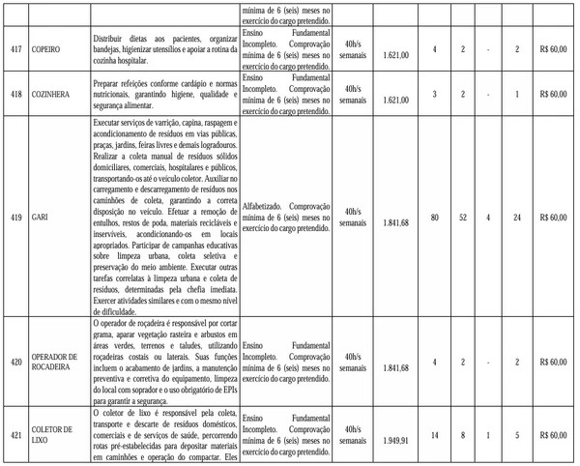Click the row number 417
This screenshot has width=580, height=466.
click(x=15, y=47)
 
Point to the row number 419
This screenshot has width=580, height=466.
click(x=15, y=217)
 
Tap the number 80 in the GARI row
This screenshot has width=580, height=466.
click(x=435, y=217)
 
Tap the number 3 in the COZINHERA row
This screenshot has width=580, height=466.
click(x=435, y=94)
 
